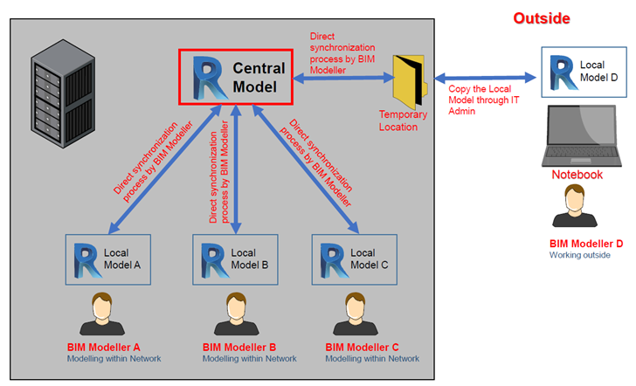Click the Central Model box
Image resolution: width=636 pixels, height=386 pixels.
[236, 77]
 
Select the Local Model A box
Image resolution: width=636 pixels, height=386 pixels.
[108, 259]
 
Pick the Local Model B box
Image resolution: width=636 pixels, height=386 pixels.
[235, 259]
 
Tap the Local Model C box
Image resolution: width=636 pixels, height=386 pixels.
[355, 259]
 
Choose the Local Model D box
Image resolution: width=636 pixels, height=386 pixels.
[584, 72]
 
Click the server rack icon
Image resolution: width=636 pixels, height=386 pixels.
[63, 93]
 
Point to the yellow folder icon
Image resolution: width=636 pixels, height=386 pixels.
[410, 81]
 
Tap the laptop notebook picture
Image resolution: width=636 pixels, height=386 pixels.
[582, 136]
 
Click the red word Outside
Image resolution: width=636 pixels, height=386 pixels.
[542, 18]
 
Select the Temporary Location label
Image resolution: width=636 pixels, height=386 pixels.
[404, 121]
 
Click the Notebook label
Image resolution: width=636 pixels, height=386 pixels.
[577, 175]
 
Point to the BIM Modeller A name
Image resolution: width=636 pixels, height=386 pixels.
[103, 347]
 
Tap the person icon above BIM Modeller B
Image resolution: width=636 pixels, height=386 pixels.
[237, 314]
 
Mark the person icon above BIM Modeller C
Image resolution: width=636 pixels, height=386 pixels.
[356, 314]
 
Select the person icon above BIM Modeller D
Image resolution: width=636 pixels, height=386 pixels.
[575, 205]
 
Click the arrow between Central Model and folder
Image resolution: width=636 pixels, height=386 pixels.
[343, 77]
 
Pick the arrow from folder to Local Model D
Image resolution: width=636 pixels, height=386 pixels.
[485, 78]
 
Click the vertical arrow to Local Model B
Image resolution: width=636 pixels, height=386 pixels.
[236, 169]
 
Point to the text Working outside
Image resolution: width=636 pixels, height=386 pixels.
[579, 255]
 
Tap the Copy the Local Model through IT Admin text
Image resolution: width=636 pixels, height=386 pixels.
[483, 100]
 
